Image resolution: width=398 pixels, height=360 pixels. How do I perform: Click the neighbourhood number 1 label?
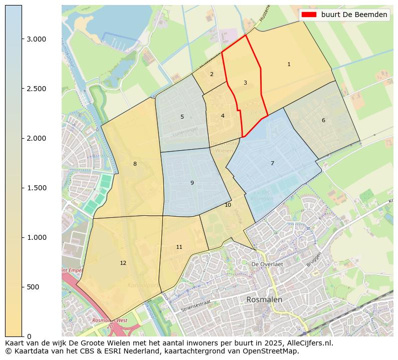pyautogui.click(x=289, y=64)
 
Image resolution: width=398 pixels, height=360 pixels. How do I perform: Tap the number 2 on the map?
pyautogui.click(x=212, y=74)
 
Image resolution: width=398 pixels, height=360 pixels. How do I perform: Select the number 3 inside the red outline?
pyautogui.click(x=245, y=83)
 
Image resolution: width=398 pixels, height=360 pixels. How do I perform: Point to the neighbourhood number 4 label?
pyautogui.click(x=223, y=116)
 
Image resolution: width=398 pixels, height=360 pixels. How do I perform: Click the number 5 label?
pyautogui.click(x=182, y=117)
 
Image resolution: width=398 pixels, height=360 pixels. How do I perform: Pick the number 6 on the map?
pyautogui.click(x=323, y=120)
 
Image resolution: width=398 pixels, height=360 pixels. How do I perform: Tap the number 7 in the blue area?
pyautogui.click(x=272, y=163)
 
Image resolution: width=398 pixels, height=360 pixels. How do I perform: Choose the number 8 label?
pyautogui.click(x=135, y=164)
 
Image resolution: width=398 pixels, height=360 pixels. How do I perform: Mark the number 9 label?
pyautogui.click(x=192, y=183)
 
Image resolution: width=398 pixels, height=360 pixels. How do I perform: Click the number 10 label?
pyautogui.click(x=228, y=205)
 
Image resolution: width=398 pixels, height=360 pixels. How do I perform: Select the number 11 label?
pyautogui.click(x=179, y=247)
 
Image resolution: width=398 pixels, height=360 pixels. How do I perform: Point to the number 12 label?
pyautogui.click(x=123, y=263)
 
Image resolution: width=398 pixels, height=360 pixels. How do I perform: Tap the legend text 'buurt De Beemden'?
pyautogui.click(x=354, y=15)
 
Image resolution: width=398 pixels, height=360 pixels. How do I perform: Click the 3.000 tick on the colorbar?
pyautogui.click(x=36, y=39)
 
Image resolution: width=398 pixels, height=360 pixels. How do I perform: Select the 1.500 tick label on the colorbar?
pyautogui.click(x=36, y=188)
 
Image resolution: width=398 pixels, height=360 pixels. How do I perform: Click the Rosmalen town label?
pyautogui.click(x=264, y=299)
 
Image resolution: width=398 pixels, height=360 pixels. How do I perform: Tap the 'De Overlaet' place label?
pyautogui.click(x=267, y=264)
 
